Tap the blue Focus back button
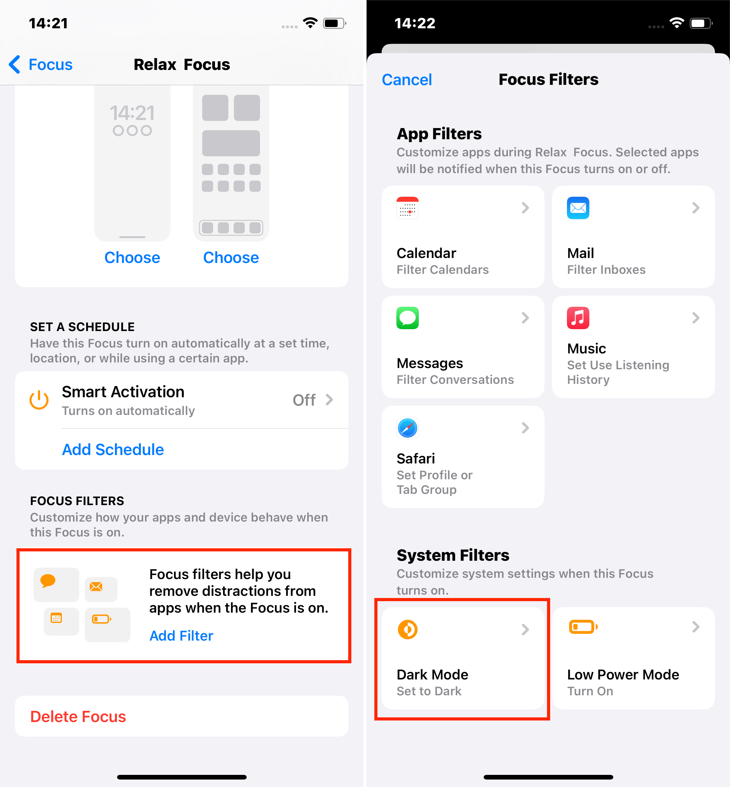click(41, 64)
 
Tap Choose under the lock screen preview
click(132, 258)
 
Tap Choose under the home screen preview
click(231, 258)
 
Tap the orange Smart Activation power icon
click(39, 400)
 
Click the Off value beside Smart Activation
click(304, 400)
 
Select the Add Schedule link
click(113, 449)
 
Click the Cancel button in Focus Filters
click(407, 80)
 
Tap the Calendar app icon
click(408, 208)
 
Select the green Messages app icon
click(408, 318)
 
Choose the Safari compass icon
click(408, 428)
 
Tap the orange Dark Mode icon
click(408, 629)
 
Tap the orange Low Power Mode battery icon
click(583, 627)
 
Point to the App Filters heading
click(439, 134)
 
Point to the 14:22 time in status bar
click(415, 23)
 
